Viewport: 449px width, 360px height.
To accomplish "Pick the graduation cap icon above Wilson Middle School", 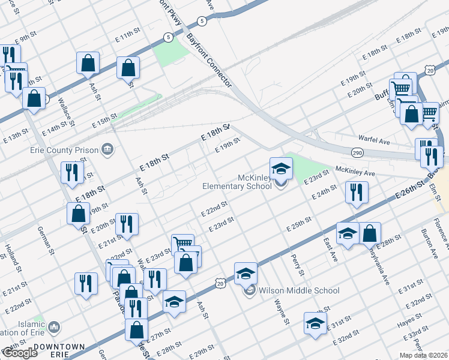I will click(x=246, y=274).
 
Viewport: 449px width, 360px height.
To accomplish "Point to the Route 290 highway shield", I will click(x=357, y=153).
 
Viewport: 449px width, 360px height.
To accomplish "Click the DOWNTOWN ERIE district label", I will click(x=59, y=351).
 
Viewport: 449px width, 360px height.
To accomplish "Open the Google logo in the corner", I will click(x=19, y=353).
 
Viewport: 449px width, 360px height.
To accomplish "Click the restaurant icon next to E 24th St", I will click(x=357, y=193).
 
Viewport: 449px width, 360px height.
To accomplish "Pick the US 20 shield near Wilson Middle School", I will click(x=220, y=281).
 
